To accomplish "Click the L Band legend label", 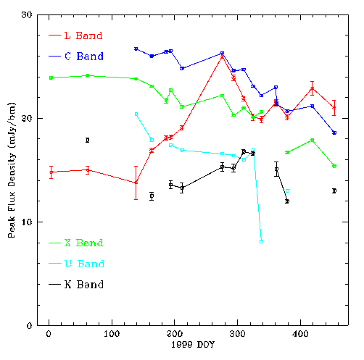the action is (83, 35).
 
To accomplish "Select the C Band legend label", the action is (84, 56).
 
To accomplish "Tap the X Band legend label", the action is (83, 243).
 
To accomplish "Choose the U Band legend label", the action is (84, 264).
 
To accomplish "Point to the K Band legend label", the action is (84, 285).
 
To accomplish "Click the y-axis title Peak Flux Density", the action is (12, 170).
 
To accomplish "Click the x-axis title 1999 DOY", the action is (193, 345).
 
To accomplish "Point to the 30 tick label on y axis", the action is (26, 14).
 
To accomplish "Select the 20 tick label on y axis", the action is (26, 118).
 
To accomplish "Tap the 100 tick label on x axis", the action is (112, 334).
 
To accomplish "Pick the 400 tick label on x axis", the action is (300, 334).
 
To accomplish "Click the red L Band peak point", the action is (222, 56).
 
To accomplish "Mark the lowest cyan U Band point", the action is (261, 241).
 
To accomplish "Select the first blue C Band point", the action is (136, 49).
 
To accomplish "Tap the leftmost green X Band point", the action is (51, 78).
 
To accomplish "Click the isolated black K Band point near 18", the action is (88, 140).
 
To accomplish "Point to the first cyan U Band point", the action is (136, 114).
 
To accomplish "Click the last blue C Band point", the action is (334, 133).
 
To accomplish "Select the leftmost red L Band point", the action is (51, 172).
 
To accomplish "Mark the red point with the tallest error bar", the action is (136, 183).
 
